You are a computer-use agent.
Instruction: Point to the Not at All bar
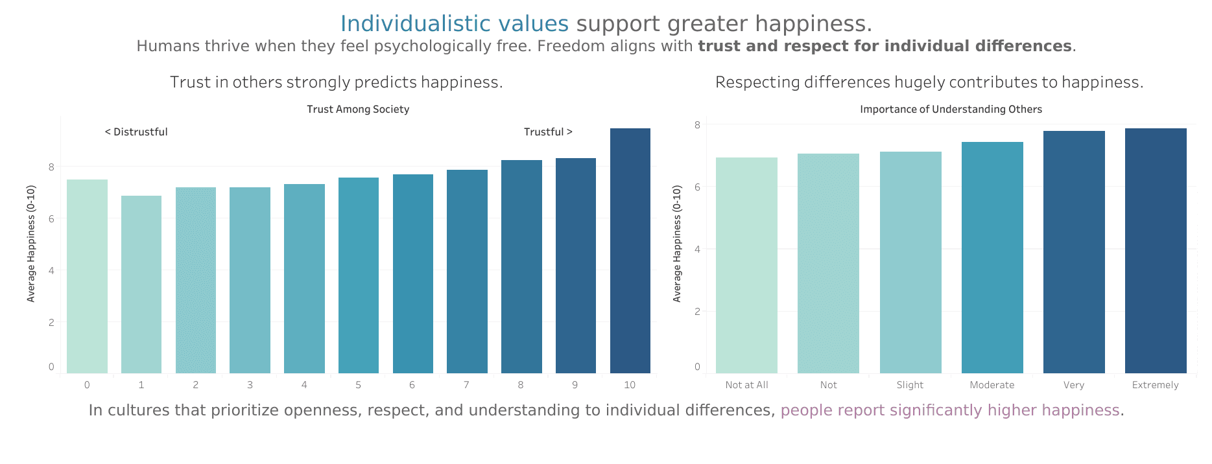746,265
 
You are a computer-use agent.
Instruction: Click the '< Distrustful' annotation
136,132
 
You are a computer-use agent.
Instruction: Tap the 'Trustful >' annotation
548,132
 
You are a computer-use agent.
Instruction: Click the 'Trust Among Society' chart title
358,110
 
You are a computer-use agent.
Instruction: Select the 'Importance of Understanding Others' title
951,110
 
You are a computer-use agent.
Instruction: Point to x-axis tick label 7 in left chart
466,385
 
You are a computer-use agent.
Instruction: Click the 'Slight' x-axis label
910,385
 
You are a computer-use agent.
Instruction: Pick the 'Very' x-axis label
1073,385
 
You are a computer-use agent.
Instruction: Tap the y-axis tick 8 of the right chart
697,124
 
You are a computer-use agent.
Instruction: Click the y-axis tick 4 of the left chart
51,270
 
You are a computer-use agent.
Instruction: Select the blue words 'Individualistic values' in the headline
454,24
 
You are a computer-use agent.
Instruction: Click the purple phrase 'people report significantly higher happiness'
949,410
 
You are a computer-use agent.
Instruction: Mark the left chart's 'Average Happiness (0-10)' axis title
31,244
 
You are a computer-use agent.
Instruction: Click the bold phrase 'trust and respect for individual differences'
885,47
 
